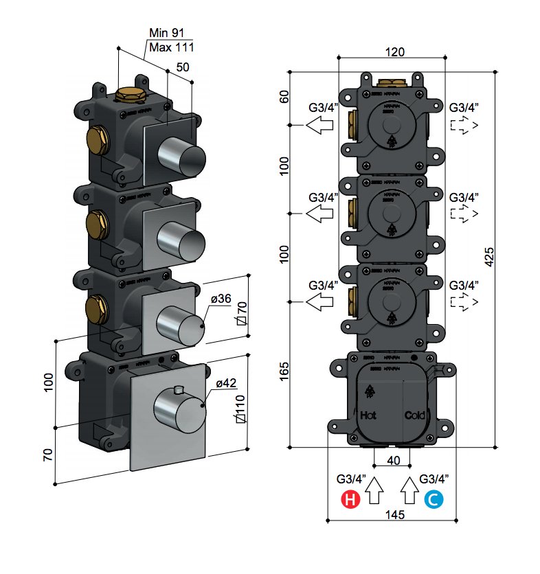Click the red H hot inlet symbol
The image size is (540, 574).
[350, 501]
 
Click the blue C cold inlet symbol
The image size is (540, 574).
[434, 501]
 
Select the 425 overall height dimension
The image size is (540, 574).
[489, 255]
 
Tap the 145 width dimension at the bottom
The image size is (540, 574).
[394, 514]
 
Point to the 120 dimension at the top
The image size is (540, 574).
[394, 52]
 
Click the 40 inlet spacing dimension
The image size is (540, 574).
[394, 461]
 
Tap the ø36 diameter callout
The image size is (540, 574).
[221, 299]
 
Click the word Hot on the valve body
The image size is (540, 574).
[369, 415]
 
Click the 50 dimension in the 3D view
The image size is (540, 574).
[183, 67]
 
